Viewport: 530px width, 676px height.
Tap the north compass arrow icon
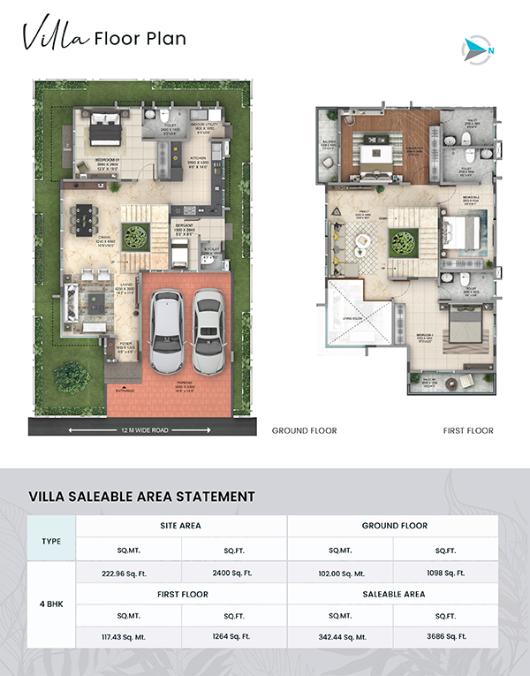pos(478,50)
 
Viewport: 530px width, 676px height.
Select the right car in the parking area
pos(208,327)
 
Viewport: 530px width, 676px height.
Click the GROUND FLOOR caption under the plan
pos(304,431)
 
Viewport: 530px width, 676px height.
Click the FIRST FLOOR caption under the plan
pos(467,431)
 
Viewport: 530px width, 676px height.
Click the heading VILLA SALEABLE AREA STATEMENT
pos(141,497)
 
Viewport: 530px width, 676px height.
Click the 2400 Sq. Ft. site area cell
pos(234,572)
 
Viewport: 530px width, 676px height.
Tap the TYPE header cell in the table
pos(52,540)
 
